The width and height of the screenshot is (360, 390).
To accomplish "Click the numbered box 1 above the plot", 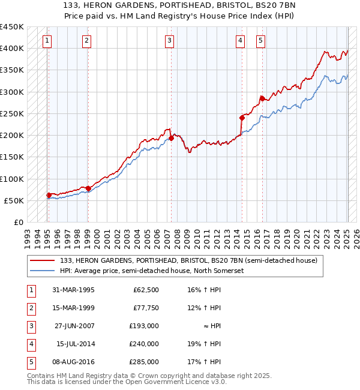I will [47, 41].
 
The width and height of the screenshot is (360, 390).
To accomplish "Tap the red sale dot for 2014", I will [241, 118].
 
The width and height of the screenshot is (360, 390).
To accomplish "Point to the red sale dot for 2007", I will [171, 138].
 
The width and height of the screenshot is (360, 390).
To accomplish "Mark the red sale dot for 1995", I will [49, 195].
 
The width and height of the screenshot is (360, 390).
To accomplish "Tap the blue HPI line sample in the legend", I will [43, 271].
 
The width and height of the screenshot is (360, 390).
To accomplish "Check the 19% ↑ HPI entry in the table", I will [204, 344].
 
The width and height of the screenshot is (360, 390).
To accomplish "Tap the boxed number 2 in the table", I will [31, 308].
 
